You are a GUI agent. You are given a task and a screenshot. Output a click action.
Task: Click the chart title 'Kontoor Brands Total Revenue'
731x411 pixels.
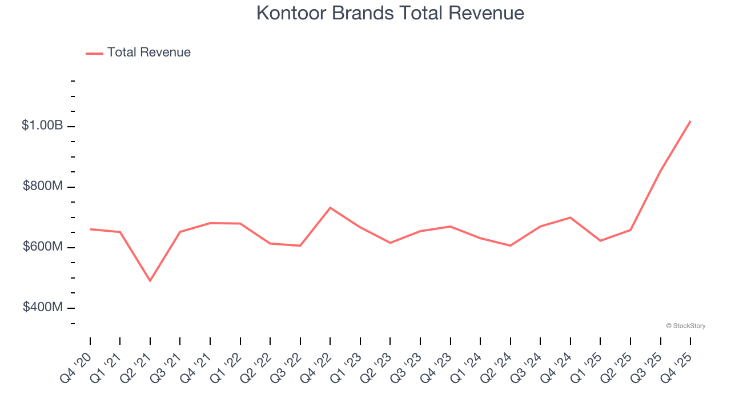(390, 13)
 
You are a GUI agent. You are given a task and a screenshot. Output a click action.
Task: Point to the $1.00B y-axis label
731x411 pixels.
(42, 126)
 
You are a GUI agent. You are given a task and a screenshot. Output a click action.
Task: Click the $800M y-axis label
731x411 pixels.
(43, 186)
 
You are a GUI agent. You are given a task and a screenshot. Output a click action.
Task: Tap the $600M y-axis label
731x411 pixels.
(43, 247)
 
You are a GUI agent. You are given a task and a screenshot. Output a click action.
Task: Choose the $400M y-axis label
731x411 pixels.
(43, 307)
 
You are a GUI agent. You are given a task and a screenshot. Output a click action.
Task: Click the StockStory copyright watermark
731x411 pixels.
(685, 326)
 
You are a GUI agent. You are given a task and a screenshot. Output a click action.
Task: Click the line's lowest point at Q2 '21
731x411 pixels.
(150, 281)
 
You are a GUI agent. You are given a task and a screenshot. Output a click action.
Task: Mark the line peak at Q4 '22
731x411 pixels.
(330, 208)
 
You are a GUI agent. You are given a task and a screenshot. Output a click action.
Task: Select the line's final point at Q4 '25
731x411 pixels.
(690, 121)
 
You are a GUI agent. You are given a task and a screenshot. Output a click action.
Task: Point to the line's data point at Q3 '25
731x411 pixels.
(661, 170)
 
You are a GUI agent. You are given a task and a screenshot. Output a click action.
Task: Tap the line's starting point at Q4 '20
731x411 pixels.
(90, 229)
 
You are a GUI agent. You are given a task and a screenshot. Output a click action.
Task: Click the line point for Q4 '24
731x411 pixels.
(571, 217)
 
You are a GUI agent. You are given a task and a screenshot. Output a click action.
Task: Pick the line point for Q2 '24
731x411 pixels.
(510, 245)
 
